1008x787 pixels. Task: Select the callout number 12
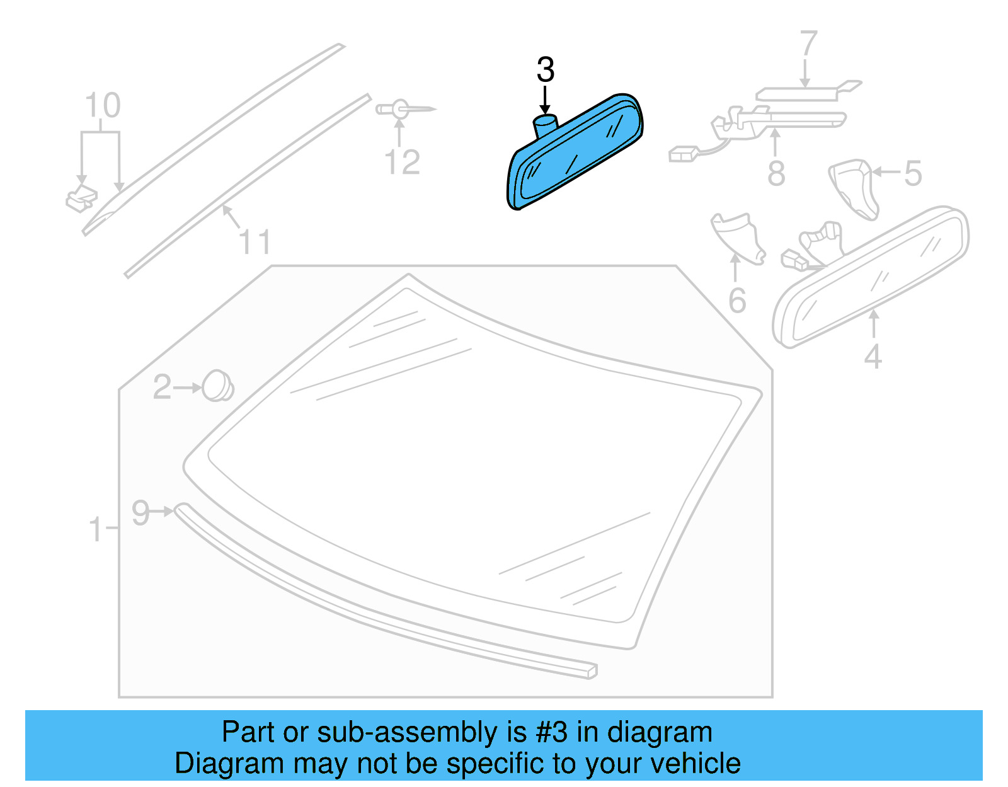click(402, 163)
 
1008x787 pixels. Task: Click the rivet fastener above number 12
click(401, 109)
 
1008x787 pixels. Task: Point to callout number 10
click(103, 106)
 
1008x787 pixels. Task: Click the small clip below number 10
click(81, 198)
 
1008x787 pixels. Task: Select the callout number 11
click(255, 242)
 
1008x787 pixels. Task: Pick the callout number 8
click(776, 173)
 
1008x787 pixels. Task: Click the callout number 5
click(913, 173)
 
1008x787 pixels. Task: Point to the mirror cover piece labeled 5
click(854, 187)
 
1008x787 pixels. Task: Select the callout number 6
click(737, 301)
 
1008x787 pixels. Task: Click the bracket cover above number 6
click(738, 236)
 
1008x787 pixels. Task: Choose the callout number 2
click(163, 387)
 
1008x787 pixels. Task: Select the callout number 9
click(140, 512)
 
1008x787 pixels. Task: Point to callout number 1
click(95, 529)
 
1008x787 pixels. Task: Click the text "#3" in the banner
click(551, 732)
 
